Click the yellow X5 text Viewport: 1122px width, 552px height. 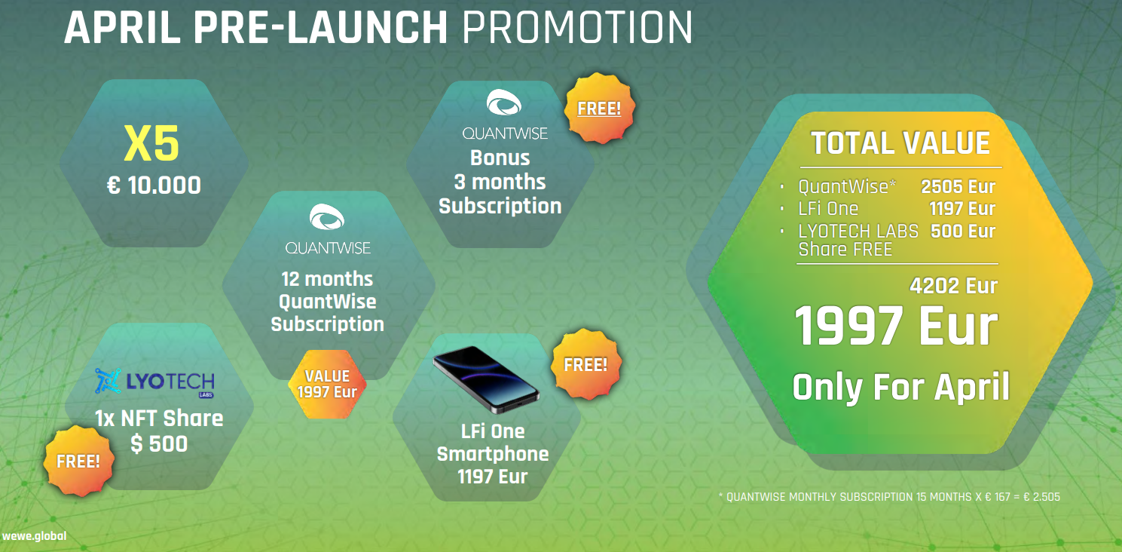[x=151, y=143]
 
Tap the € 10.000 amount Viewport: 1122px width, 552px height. [x=154, y=185]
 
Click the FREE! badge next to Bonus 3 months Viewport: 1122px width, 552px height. [x=599, y=109]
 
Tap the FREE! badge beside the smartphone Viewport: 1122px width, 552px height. [x=585, y=364]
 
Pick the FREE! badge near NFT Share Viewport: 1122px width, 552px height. [x=78, y=462]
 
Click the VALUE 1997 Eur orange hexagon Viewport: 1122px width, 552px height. [x=327, y=384]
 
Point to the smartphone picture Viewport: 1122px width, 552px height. [x=486, y=379]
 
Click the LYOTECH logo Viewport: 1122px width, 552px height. [x=154, y=383]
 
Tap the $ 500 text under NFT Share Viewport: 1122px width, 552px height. [x=159, y=443]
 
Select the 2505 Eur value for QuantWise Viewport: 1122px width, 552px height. [x=958, y=186]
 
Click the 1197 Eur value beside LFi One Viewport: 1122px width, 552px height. [x=961, y=209]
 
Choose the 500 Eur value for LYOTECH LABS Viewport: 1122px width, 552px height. [x=963, y=231]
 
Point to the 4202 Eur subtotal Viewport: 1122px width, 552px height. [x=953, y=286]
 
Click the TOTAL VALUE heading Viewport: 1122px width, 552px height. [x=900, y=143]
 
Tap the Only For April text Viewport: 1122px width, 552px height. [x=900, y=387]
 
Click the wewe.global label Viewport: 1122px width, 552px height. [x=34, y=536]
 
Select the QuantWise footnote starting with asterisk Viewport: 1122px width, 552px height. [x=889, y=497]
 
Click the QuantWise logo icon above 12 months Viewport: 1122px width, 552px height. [x=327, y=216]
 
